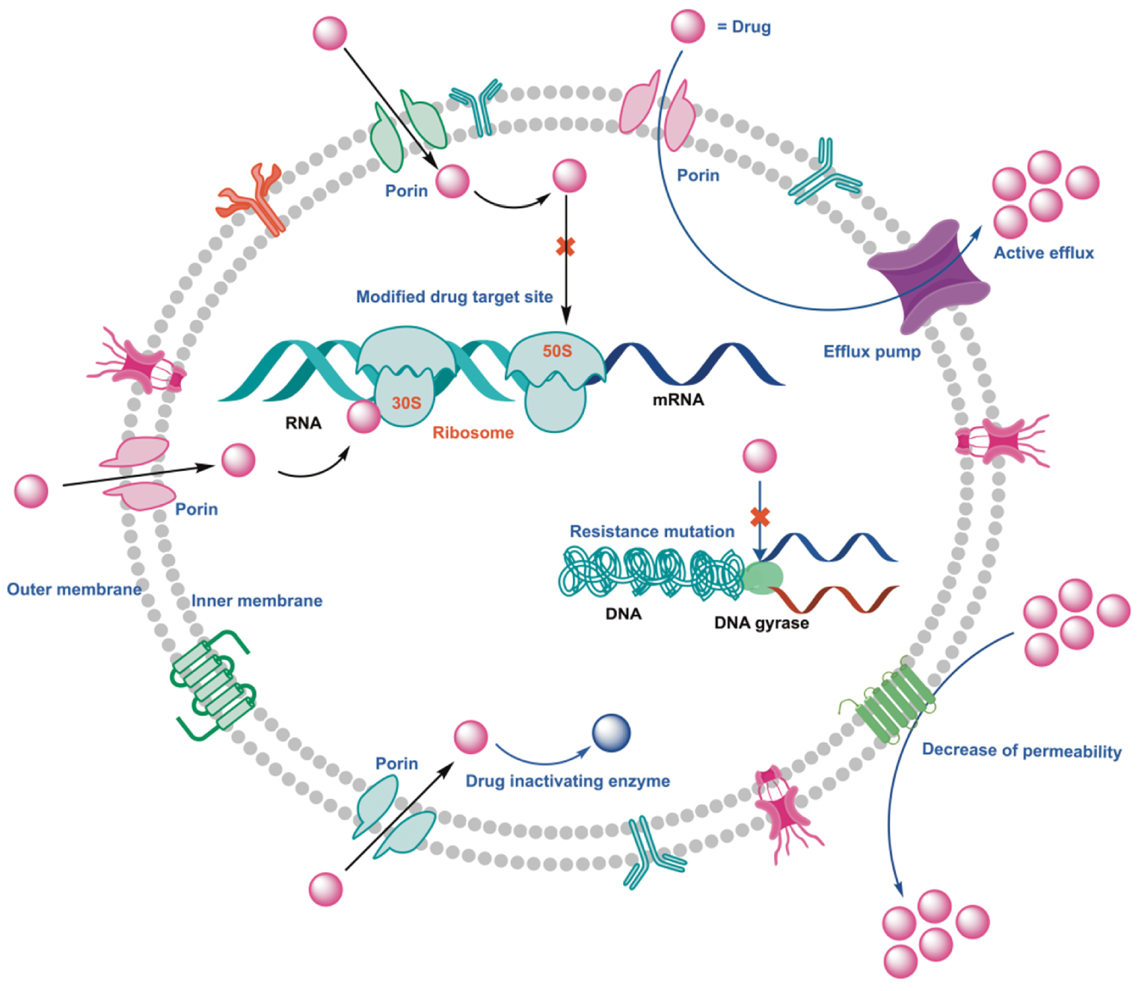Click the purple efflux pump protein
coord(928,276)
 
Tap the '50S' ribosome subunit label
coord(557,351)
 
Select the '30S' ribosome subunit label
coord(406,403)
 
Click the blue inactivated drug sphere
coord(611,733)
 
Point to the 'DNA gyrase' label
coord(761,623)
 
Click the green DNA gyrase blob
coord(762,577)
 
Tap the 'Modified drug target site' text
coord(454,297)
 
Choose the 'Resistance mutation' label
coord(652,531)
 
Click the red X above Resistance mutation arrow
coord(760,516)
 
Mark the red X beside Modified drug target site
coord(565,246)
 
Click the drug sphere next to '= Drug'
coord(688,26)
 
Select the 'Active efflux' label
coord(1043,253)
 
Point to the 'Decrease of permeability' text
coord(1021,751)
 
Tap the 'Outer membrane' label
coord(74,589)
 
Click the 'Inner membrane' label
coord(256,601)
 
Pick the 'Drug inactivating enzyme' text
coord(568,781)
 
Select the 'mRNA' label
coord(678,400)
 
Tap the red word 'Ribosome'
coord(472,433)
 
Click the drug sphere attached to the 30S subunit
coord(364,416)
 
